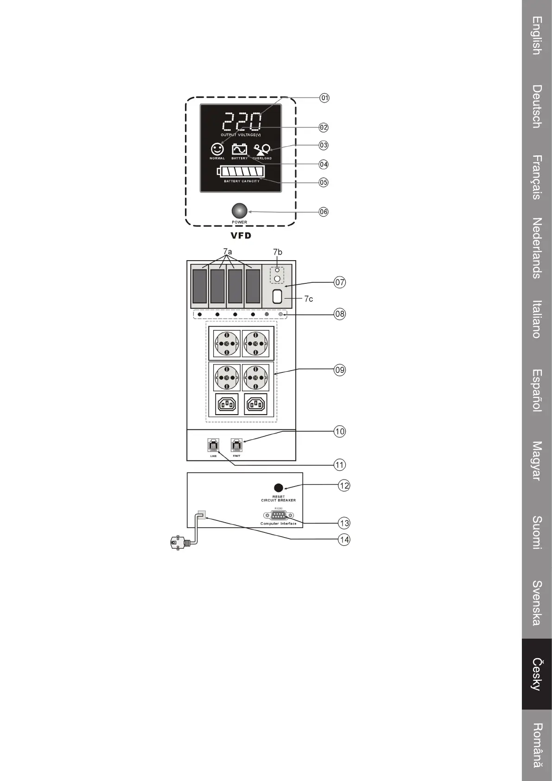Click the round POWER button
point(239,211)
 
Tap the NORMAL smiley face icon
point(217,149)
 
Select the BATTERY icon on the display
point(239,149)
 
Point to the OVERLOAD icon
point(262,149)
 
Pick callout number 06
point(324,212)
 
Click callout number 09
point(340,370)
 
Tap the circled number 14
point(344,540)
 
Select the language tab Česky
point(537,674)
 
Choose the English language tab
point(537,36)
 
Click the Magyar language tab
point(537,461)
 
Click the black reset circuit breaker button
point(279,487)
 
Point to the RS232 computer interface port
point(279,515)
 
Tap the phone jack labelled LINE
point(213,445)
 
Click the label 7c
point(309,299)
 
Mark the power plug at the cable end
point(177,542)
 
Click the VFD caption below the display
point(241,236)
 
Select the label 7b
point(278,252)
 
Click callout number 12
point(344,486)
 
